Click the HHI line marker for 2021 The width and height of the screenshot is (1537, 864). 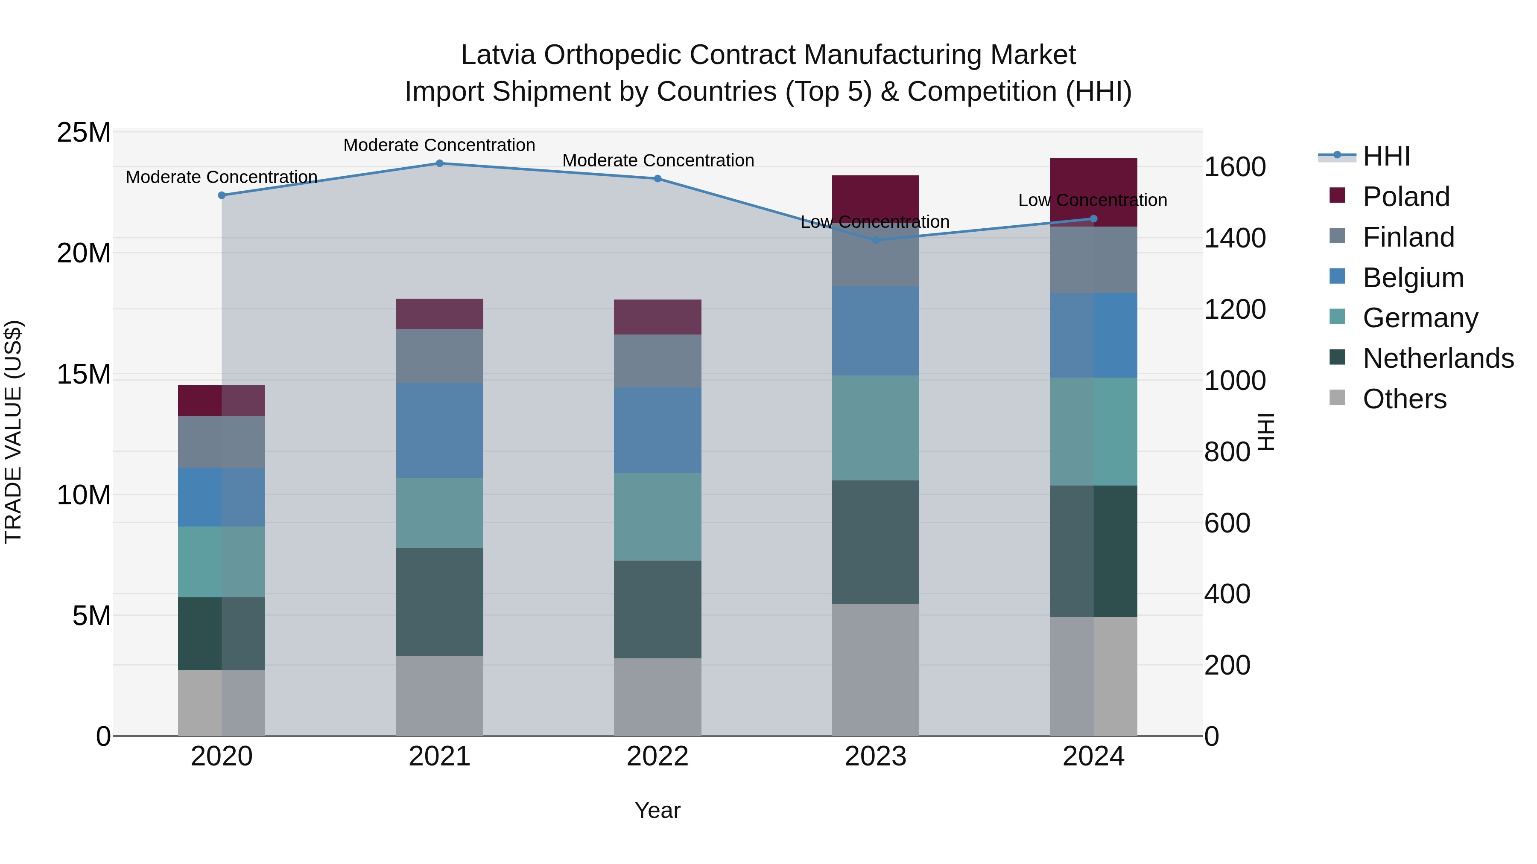[440, 163]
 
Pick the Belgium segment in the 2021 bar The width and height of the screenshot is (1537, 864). [440, 430]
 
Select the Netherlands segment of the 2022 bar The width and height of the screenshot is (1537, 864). [657, 609]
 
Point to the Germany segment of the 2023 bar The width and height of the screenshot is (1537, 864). [875, 428]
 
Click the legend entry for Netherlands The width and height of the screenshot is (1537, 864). [1438, 358]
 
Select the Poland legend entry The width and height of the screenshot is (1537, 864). [1406, 197]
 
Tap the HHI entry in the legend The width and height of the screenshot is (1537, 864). [1386, 156]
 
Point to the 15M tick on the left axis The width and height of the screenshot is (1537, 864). [84, 375]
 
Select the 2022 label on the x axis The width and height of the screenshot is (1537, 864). [657, 756]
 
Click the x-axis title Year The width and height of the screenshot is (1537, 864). [657, 810]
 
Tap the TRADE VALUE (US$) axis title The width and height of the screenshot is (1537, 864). [13, 432]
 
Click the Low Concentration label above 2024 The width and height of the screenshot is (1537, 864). [1093, 201]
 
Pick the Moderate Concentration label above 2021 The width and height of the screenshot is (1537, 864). [439, 145]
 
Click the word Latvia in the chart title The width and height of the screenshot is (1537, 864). [498, 55]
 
